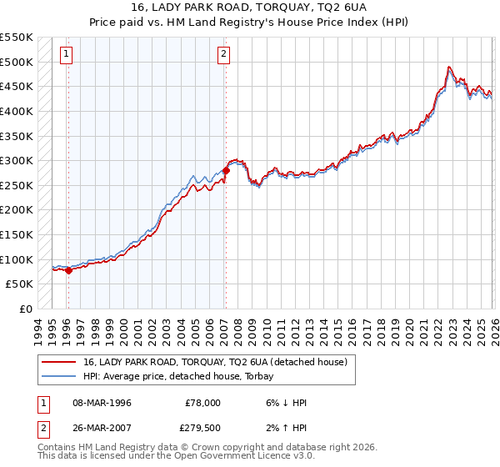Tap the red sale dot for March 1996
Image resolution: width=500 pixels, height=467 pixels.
click(x=67, y=270)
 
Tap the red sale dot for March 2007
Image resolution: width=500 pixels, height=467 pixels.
click(x=226, y=171)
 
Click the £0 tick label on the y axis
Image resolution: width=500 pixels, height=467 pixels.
click(x=25, y=309)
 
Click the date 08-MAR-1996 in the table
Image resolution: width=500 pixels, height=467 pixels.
click(x=102, y=403)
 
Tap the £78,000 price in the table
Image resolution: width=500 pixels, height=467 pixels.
click(x=202, y=403)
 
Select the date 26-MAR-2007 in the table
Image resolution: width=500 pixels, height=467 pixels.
click(x=102, y=429)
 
